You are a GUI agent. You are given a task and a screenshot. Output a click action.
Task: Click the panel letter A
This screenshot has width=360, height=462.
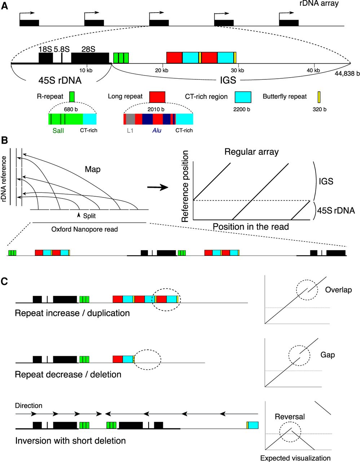tap(4, 6)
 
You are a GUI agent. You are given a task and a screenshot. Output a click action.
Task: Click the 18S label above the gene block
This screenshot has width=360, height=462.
tap(45, 49)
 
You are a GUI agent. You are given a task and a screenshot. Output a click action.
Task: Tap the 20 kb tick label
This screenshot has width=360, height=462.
tap(162, 70)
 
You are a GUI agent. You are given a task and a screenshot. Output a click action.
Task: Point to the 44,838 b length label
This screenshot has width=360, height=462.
tap(347, 73)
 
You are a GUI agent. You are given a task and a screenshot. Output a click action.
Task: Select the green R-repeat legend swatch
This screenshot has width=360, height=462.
tap(72, 97)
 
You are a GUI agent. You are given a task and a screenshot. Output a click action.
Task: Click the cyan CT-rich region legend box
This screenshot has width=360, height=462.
tap(243, 97)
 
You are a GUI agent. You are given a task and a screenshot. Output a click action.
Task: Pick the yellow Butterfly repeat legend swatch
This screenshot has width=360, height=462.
tap(319, 97)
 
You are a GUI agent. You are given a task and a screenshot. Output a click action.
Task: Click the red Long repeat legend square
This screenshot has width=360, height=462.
tap(157, 97)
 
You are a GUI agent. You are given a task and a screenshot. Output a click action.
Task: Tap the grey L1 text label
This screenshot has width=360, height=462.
tap(130, 130)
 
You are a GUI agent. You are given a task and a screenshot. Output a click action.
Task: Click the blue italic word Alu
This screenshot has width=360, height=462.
tap(157, 130)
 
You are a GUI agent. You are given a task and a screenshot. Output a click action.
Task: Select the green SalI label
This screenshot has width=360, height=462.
tap(58, 130)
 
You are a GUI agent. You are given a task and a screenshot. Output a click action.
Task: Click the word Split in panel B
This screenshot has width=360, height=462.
tap(89, 216)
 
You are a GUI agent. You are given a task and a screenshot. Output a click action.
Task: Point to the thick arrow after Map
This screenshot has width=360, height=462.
tap(158, 187)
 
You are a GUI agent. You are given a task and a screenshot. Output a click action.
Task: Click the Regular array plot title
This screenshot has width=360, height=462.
tap(251, 152)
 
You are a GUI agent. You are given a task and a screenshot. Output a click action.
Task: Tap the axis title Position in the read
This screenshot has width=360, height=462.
tap(251, 227)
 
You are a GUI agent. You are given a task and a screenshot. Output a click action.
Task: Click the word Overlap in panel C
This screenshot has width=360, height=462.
tap(338, 290)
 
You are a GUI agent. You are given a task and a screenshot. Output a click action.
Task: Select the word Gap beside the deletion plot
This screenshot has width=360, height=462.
tap(328, 355)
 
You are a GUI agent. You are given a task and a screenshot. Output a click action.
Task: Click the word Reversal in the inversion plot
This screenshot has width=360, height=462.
tap(290, 417)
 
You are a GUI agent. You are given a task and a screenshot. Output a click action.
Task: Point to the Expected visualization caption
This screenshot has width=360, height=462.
tap(295, 458)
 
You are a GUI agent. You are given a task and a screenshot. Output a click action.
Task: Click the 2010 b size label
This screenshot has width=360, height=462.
tap(156, 109)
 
